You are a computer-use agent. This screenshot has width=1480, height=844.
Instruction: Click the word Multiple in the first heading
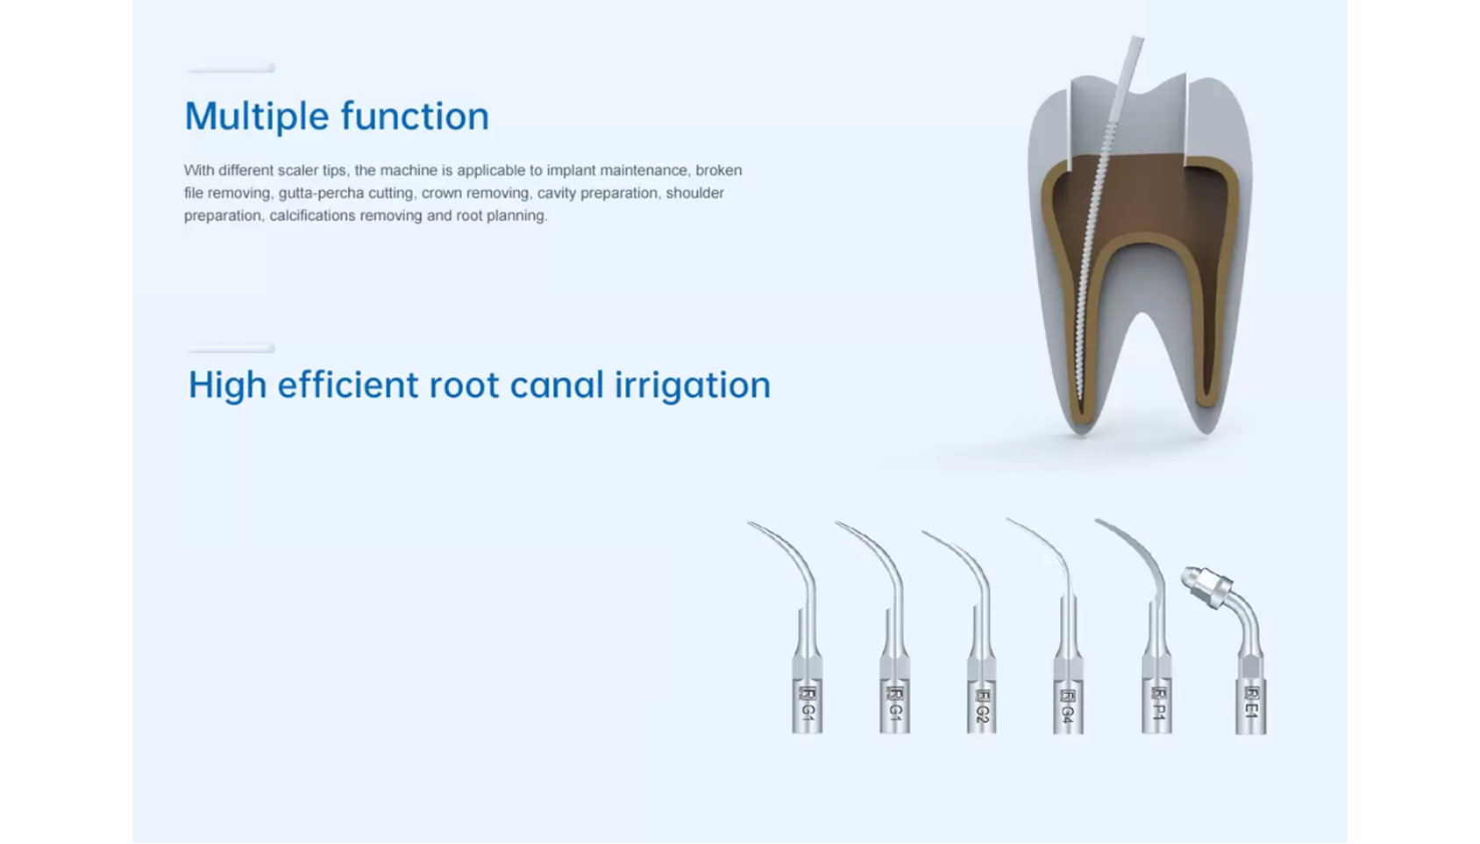pos(257,117)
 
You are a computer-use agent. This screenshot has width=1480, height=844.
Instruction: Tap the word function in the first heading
pos(415,116)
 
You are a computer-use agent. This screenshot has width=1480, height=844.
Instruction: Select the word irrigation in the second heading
pos(693,386)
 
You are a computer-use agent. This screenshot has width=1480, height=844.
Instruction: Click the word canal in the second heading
pos(557,385)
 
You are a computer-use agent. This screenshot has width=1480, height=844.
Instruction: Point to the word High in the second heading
pos(227,386)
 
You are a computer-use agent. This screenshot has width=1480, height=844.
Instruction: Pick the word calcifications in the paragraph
pos(312,216)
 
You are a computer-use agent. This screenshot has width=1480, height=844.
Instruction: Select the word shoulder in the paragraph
pos(694,193)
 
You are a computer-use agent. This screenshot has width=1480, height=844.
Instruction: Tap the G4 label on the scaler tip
pos(1068,714)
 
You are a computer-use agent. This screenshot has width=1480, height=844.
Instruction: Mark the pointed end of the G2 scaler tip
pos(923,532)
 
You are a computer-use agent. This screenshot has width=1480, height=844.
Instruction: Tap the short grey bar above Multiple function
pos(231,68)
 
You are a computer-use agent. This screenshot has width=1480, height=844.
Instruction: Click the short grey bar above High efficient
pos(231,348)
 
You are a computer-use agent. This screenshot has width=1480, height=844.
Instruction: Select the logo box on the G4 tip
pos(1068,695)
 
